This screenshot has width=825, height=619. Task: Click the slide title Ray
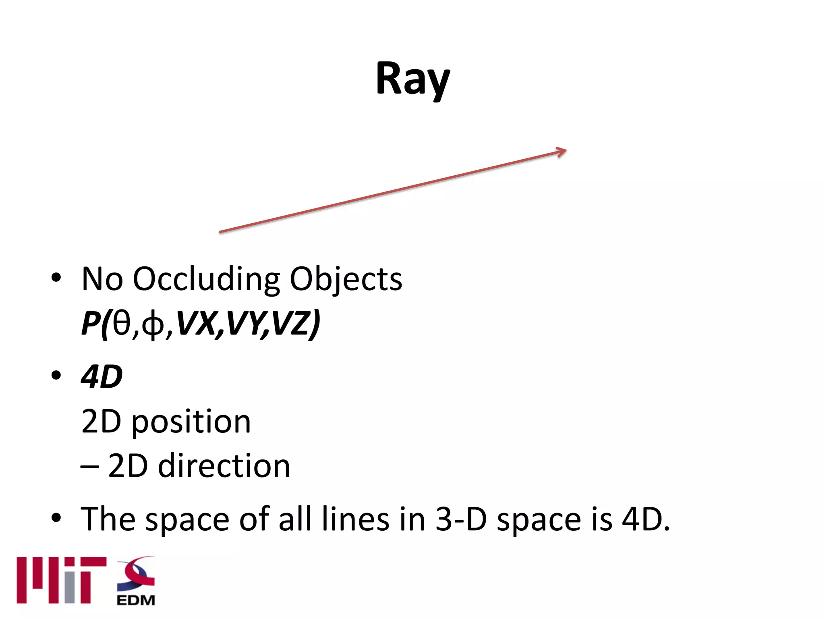tap(412, 79)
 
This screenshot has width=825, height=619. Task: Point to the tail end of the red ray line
tap(221, 232)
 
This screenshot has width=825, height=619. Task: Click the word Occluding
tap(206, 279)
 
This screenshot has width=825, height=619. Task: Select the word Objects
tap(346, 279)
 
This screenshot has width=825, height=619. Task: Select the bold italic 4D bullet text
tap(102, 377)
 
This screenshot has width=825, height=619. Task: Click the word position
tap(191, 422)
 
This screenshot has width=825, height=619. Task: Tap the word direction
tap(224, 466)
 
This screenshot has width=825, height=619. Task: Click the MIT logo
tap(61, 580)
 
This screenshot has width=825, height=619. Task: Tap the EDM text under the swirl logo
tap(136, 600)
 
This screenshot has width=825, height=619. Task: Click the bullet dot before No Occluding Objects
tap(56, 278)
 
